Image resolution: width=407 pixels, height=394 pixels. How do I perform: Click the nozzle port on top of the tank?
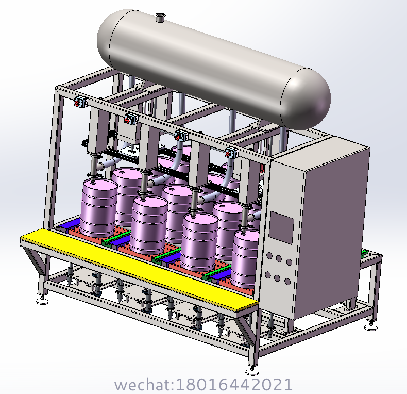point(160,18)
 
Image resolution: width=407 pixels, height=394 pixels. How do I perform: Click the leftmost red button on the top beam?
point(77,104)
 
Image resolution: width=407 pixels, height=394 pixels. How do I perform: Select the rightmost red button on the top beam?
point(228,154)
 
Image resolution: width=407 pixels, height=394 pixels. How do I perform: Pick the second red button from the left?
point(127,120)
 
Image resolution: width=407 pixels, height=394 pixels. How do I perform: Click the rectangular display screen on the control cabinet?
point(281,227)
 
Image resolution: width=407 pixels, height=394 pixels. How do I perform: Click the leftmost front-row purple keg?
point(98,208)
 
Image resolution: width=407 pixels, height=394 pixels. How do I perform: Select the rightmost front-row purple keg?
point(245,258)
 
